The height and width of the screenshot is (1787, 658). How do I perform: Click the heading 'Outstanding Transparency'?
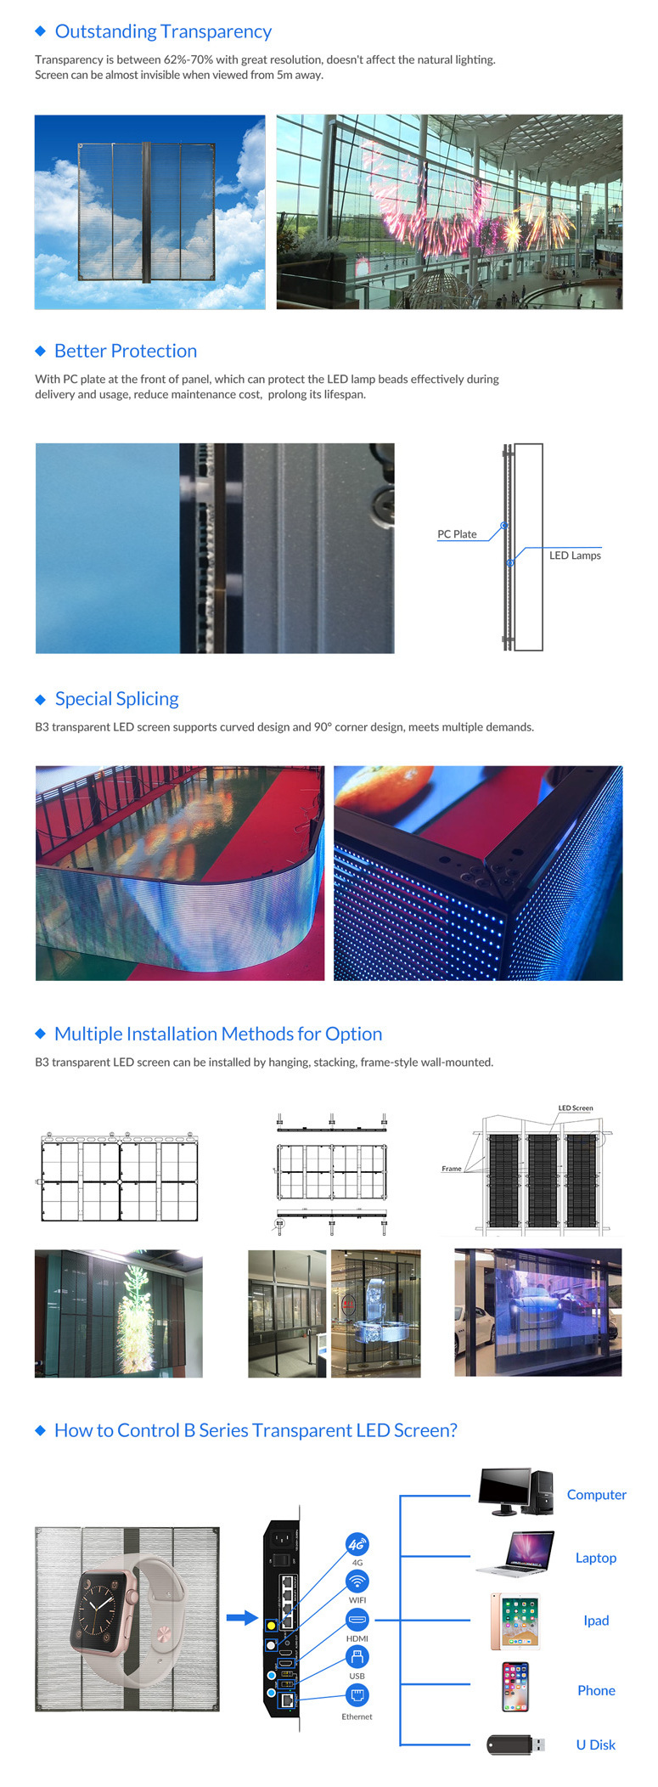(163, 31)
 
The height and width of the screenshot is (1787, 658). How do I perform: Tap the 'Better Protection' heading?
(126, 351)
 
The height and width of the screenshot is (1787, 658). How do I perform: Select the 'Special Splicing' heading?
(117, 699)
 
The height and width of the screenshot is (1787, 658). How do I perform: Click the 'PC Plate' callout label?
(457, 534)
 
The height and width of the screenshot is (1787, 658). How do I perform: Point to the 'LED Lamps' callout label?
(575, 555)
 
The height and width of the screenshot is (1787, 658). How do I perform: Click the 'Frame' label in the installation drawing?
(452, 1169)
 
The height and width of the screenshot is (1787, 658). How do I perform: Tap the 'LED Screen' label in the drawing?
(576, 1108)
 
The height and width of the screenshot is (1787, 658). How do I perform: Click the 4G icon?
(357, 1545)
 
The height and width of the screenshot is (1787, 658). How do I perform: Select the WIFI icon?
(357, 1581)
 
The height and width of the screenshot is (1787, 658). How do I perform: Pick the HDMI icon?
(357, 1619)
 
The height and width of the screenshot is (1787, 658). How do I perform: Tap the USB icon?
(357, 1656)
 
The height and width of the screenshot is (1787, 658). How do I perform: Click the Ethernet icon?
(357, 1695)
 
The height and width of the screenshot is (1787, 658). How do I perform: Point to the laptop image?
(516, 1554)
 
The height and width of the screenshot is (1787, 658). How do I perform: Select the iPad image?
(515, 1621)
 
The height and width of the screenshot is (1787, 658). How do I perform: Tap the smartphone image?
(515, 1687)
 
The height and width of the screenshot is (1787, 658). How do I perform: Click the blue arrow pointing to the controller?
(242, 1618)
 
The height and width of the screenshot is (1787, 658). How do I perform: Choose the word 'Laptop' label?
(596, 1558)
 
